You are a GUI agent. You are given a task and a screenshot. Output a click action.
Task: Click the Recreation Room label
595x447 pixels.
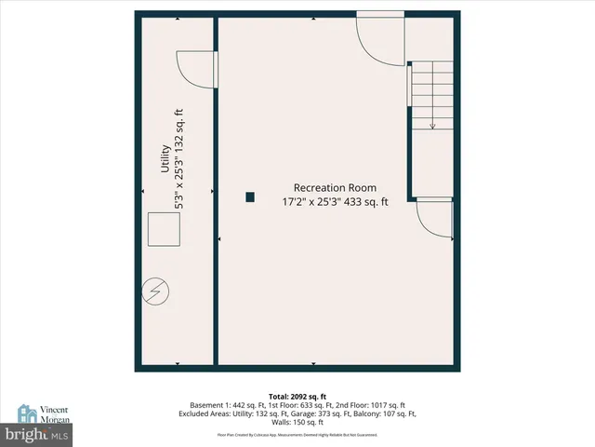[335, 187]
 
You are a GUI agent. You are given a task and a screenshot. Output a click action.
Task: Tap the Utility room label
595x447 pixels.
[165, 159]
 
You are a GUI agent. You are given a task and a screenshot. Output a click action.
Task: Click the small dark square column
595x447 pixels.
[250, 196]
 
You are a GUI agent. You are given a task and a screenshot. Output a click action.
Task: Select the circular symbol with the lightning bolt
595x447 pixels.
[155, 292]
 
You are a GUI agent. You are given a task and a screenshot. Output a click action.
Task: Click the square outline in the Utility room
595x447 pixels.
[165, 229]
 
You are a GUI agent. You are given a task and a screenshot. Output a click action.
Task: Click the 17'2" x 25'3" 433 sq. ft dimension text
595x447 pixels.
[335, 201]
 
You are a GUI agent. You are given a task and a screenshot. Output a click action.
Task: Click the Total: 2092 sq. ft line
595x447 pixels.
[297, 395]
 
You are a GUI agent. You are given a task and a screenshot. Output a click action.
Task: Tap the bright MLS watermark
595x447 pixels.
[37, 435]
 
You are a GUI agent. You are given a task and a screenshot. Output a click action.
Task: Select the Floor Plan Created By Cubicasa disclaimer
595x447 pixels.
[297, 435]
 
